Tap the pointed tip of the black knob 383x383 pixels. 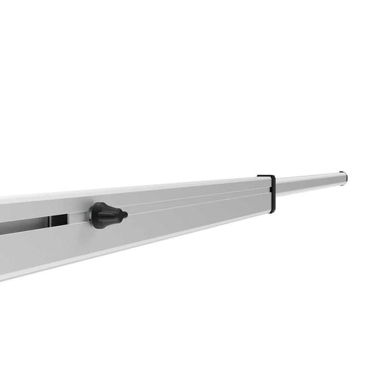click(125, 215)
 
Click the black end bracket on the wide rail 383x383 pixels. click(269, 193)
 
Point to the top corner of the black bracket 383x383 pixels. click(260, 177)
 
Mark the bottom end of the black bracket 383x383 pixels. click(272, 211)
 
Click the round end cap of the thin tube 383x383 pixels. click(343, 177)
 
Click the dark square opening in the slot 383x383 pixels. click(58, 221)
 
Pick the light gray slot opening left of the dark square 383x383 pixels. click(22, 226)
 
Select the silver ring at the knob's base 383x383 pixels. click(91, 215)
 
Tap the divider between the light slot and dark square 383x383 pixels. click(49, 223)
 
